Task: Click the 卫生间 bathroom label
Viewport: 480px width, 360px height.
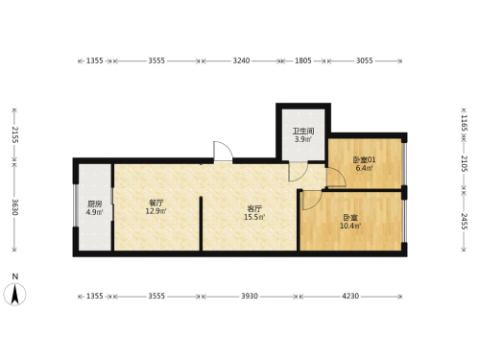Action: click(x=303, y=131)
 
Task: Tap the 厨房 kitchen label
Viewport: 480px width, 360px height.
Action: click(x=94, y=204)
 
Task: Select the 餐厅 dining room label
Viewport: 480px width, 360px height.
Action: click(x=156, y=203)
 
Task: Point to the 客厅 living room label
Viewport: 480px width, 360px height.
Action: click(x=254, y=209)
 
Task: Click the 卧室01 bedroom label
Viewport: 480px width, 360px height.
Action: click(x=364, y=159)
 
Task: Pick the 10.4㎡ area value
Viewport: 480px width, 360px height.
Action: click(x=350, y=226)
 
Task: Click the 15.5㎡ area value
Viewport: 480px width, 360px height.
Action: click(x=254, y=217)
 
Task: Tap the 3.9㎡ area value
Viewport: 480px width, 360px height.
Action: click(x=303, y=139)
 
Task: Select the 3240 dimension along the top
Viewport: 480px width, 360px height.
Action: click(x=241, y=60)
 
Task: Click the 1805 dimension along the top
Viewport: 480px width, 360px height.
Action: click(x=303, y=60)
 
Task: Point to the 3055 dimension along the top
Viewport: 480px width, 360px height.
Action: click(x=365, y=60)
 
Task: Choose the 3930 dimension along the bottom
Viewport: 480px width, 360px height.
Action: click(x=250, y=297)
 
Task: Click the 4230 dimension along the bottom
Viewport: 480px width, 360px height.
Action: click(x=350, y=297)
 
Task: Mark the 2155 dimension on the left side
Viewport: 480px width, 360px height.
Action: click(x=14, y=134)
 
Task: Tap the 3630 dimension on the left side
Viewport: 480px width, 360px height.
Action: click(x=14, y=207)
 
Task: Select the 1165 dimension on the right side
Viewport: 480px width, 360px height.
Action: click(x=465, y=124)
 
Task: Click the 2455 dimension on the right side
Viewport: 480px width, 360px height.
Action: click(x=465, y=221)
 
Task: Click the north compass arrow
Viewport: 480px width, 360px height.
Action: click(x=14, y=294)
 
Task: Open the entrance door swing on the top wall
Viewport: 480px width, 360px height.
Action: click(x=223, y=152)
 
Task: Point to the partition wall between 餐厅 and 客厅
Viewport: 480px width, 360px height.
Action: click(x=201, y=224)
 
